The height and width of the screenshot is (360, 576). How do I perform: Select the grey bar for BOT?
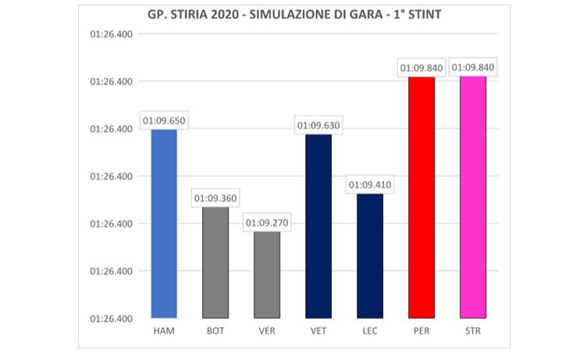215,263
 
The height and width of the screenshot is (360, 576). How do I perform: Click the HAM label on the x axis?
164,331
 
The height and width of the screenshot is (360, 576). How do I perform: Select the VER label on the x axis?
267,331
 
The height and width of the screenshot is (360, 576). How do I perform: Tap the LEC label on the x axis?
370,331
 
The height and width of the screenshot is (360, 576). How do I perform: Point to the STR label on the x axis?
473,331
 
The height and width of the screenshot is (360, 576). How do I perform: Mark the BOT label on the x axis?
215,331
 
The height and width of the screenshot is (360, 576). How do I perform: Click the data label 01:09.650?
164,121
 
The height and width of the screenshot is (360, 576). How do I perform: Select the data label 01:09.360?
215,199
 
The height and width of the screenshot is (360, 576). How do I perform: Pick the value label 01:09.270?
267,223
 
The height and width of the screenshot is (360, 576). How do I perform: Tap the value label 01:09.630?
318,125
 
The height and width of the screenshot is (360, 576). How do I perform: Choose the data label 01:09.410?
370,185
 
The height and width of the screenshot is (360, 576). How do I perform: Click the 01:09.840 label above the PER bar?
421,68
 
